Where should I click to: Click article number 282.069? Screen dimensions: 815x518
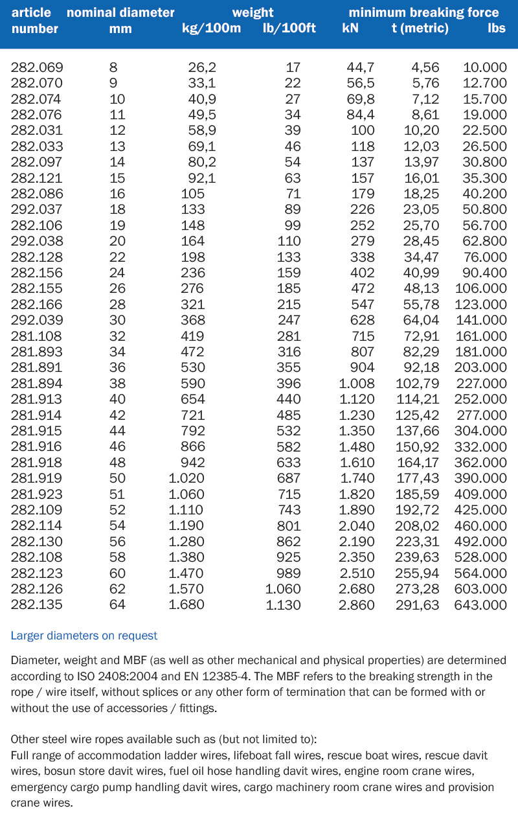pyautogui.click(x=37, y=67)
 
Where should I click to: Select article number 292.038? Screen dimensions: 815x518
pyautogui.click(x=37, y=241)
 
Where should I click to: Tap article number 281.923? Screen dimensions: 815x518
pyautogui.click(x=37, y=494)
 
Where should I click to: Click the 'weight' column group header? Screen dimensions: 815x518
pyautogui.click(x=253, y=12)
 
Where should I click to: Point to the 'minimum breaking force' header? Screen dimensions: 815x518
pyautogui.click(x=423, y=12)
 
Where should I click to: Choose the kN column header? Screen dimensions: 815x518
pyautogui.click(x=350, y=29)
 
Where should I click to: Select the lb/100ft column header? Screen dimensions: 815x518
pyautogui.click(x=289, y=29)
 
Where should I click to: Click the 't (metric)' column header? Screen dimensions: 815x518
pyautogui.click(x=420, y=29)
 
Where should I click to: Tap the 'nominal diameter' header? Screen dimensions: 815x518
pyautogui.click(x=120, y=12)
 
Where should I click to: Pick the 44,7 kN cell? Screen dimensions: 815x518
pyautogui.click(x=361, y=67)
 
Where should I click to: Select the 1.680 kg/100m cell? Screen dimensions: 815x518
pyautogui.click(x=186, y=605)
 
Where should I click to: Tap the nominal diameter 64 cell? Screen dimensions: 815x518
pyautogui.click(x=117, y=605)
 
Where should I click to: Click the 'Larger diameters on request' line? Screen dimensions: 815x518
pyautogui.click(x=84, y=636)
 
